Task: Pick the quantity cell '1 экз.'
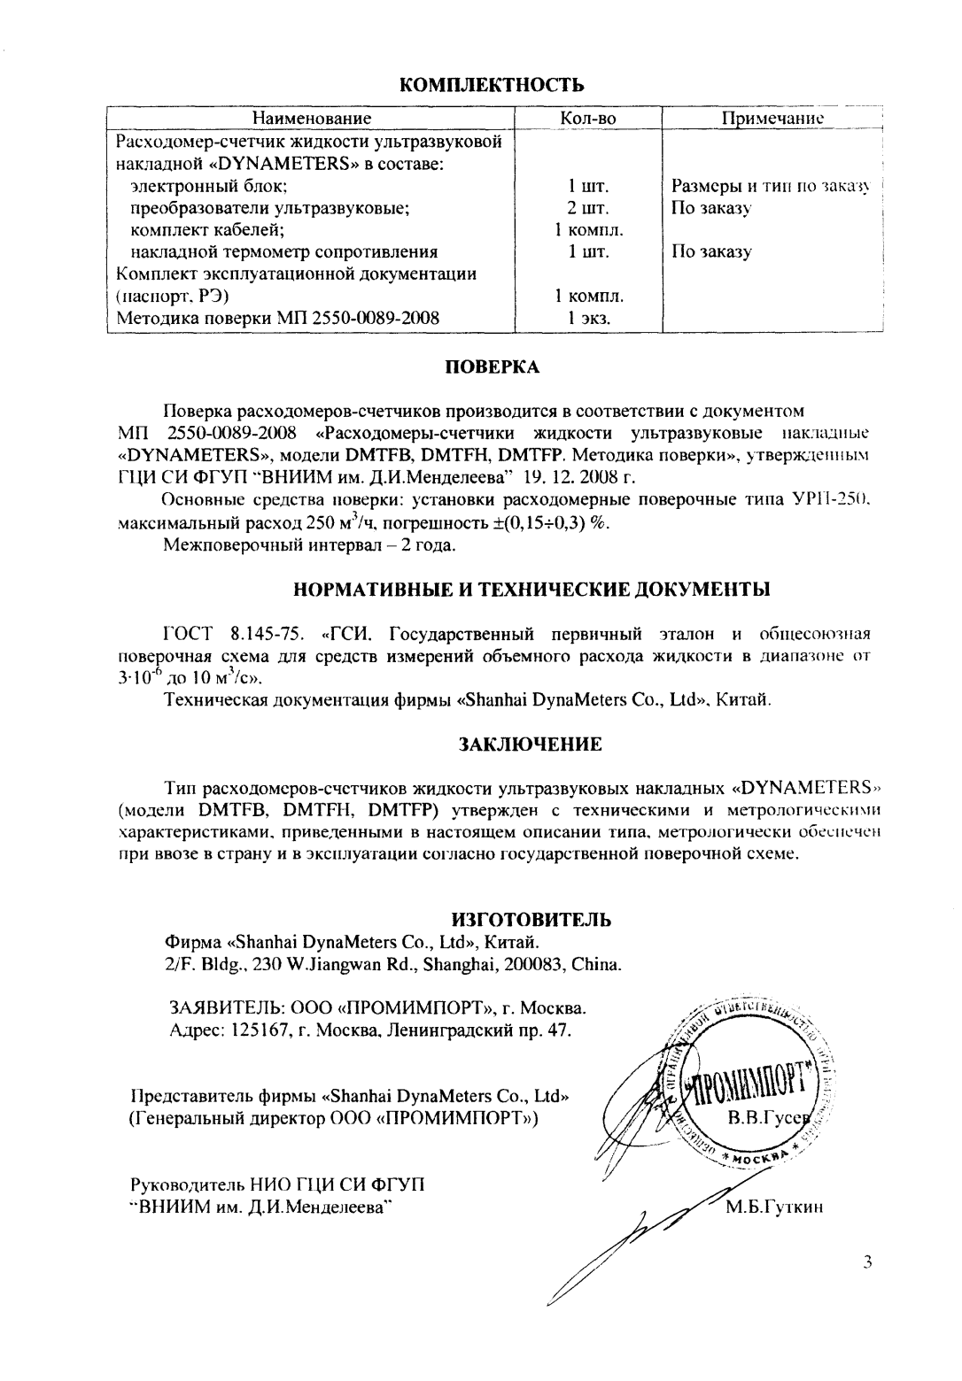pyautogui.click(x=588, y=320)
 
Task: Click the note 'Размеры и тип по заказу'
pyautogui.click(x=772, y=187)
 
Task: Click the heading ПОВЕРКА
pyautogui.click(x=492, y=367)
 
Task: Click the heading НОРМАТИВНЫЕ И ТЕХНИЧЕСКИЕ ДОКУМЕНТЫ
pyautogui.click(x=531, y=589)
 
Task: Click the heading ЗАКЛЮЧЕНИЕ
pyautogui.click(x=530, y=745)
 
